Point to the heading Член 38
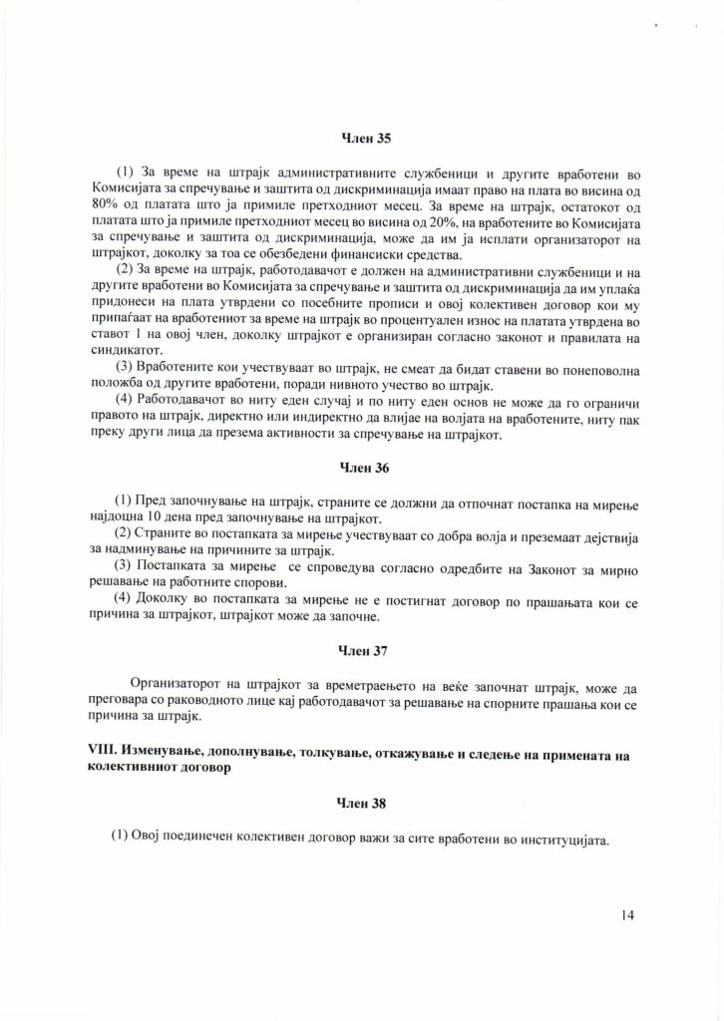click(x=362, y=801)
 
